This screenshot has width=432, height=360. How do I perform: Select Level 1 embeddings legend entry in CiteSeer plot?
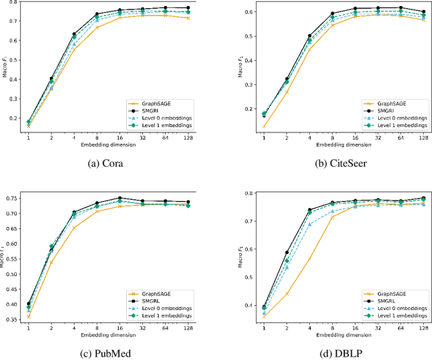pos(394,126)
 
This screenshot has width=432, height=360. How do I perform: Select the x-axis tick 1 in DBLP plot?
pos(263,328)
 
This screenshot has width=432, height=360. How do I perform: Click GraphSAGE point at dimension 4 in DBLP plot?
pos(310,259)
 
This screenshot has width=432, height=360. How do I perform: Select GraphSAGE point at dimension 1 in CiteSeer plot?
pos(263,126)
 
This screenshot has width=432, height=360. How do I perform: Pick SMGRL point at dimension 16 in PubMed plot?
pos(120,198)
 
